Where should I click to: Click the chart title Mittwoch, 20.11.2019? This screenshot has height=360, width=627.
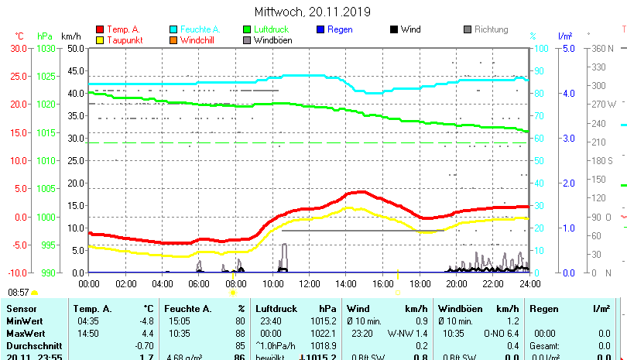pyautogui.click(x=313, y=12)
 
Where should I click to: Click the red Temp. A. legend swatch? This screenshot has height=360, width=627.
pyautogui.click(x=100, y=29)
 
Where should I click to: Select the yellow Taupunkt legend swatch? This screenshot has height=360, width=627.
pyautogui.click(x=100, y=40)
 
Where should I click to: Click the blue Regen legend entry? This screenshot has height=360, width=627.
pyautogui.click(x=340, y=29)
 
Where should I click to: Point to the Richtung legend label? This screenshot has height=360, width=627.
pyautogui.click(x=491, y=29)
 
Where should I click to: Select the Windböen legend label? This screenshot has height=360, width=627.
pyautogui.click(x=272, y=40)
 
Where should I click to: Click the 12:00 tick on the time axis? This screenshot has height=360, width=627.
pyautogui.click(x=308, y=284)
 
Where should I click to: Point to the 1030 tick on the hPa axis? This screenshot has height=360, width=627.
pyautogui.click(x=46, y=48)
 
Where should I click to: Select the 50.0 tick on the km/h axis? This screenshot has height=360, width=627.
pyautogui.click(x=75, y=48)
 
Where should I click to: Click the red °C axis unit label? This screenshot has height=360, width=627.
pyautogui.click(x=19, y=36)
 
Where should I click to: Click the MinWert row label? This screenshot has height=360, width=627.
pyautogui.click(x=24, y=321)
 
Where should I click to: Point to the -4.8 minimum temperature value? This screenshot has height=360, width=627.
pyautogui.click(x=146, y=321)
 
